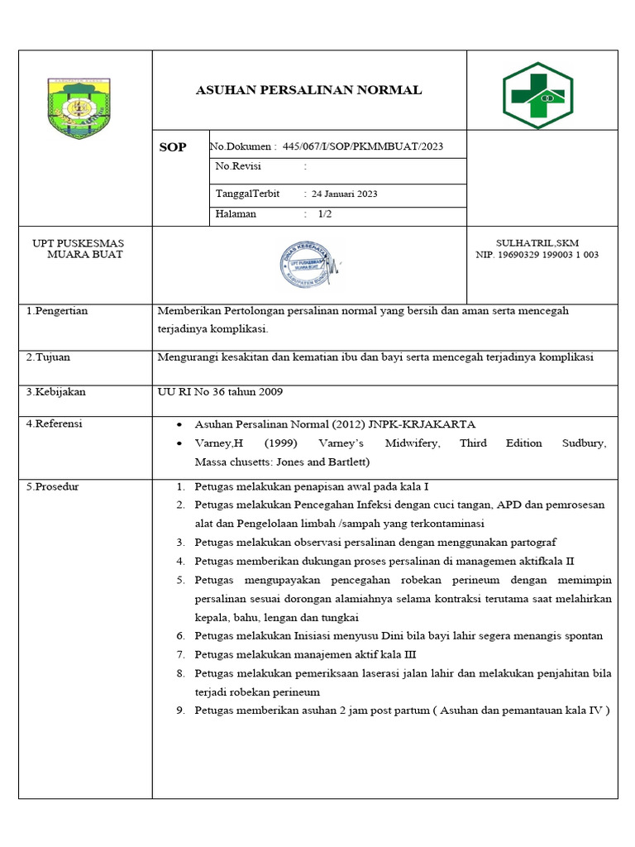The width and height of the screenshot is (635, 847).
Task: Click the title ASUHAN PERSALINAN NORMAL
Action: coord(308,90)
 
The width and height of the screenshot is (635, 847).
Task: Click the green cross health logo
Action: coord(537,96)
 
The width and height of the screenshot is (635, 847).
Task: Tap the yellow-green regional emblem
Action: coord(81,108)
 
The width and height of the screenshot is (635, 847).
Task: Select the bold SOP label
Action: coord(173,148)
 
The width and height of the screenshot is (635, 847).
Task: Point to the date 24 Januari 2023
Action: coord(344,194)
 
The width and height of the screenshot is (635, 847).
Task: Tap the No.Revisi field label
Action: coord(238,166)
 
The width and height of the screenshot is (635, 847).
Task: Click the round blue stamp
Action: coord(307,264)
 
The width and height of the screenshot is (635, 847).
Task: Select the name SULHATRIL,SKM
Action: coord(537,243)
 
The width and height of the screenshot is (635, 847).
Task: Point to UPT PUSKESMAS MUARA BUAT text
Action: coord(78,249)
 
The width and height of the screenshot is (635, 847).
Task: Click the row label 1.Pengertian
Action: coord(57,311)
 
